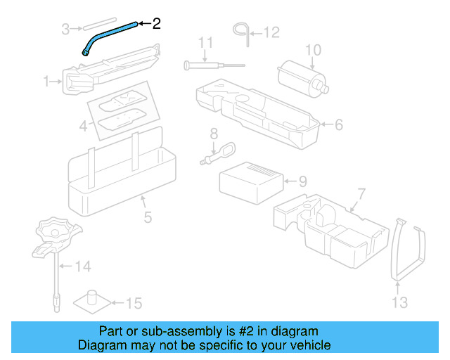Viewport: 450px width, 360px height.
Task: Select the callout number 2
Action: [x=156, y=23]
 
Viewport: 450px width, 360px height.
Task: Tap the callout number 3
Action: [x=65, y=29]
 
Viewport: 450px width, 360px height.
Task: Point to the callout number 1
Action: [x=46, y=82]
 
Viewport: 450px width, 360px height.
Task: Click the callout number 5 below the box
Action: [x=148, y=217]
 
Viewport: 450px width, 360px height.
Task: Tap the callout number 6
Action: [x=338, y=125]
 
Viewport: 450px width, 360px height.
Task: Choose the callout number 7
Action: [x=361, y=193]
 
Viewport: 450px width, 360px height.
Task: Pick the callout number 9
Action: [x=302, y=181]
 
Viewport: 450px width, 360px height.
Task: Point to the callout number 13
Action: [x=399, y=302]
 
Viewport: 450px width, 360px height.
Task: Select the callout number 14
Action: [x=84, y=266]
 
